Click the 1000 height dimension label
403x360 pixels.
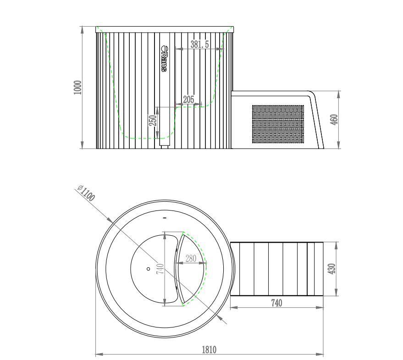pyautogui.click(x=77, y=88)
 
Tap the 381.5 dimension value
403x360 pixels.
pyautogui.click(x=199, y=44)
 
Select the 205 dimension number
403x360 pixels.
pyautogui.click(x=188, y=100)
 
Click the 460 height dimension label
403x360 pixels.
pyautogui.click(x=334, y=120)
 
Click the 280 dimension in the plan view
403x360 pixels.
pyautogui.click(x=190, y=259)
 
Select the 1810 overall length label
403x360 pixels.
pyautogui.click(x=209, y=349)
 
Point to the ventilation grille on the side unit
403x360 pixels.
pyautogui.click(x=278, y=124)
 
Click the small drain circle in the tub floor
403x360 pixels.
pyautogui.click(x=148, y=269)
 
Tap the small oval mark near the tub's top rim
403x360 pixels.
pyautogui.click(x=165, y=217)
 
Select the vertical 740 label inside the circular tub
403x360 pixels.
pyautogui.click(x=160, y=269)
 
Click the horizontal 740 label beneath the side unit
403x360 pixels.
pyautogui.click(x=276, y=303)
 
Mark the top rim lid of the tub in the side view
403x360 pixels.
pyautogui.click(x=165, y=30)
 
